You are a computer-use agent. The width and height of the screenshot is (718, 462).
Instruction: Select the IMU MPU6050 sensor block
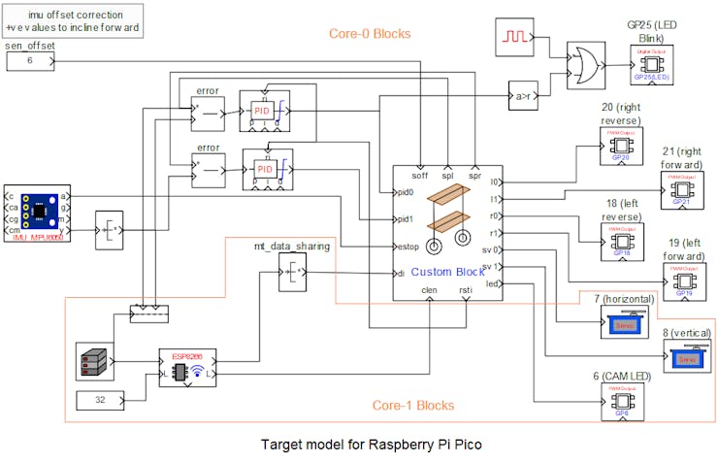click(x=38, y=210)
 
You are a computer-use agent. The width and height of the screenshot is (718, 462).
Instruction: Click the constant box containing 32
click(x=100, y=400)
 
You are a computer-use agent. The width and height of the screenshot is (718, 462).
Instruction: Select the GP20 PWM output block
click(x=622, y=147)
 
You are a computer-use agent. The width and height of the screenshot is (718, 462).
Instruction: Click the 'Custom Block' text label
click(x=447, y=272)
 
